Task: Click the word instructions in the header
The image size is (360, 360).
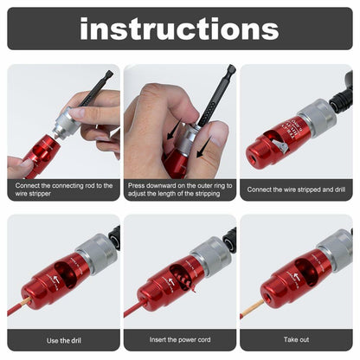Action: coord(179,29)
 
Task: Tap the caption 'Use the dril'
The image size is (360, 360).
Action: coord(63,340)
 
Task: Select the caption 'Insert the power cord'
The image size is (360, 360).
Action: coord(179,340)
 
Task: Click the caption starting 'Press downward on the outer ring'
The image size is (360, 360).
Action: coord(179,190)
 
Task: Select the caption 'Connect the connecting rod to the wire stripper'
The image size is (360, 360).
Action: coord(63,190)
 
